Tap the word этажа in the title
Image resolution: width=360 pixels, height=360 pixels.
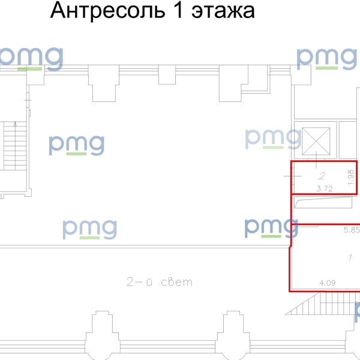tap(223, 11)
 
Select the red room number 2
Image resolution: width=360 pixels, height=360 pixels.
tap(322, 176)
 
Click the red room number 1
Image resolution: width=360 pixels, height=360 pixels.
tap(350, 259)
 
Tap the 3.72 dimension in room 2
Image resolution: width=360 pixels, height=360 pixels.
tap(324, 188)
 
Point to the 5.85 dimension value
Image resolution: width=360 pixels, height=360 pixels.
tap(352, 229)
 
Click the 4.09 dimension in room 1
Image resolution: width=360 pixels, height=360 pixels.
tap(327, 282)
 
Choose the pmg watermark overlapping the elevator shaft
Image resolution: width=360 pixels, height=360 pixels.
tap(273, 139)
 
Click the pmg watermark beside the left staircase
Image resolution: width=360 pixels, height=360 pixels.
tap(76, 145)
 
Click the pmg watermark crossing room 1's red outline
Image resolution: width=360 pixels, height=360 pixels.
tap(272, 229)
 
